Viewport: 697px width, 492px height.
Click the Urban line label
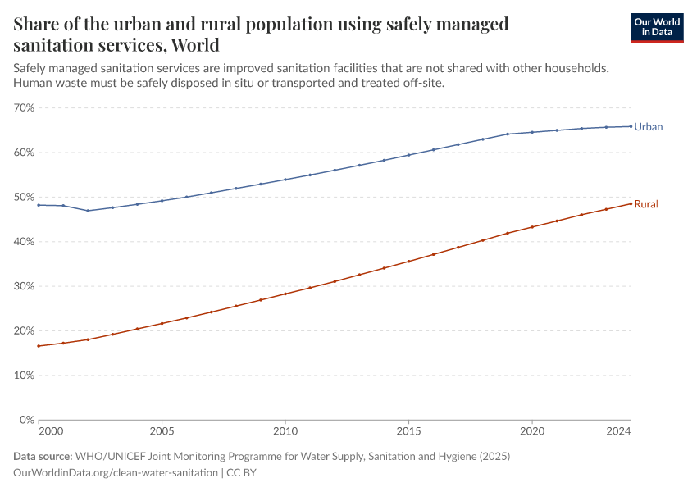[x=648, y=127]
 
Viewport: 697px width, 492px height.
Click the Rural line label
[x=646, y=204]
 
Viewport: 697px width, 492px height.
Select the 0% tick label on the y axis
[x=27, y=420]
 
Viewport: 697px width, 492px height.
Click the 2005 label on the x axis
[x=162, y=430]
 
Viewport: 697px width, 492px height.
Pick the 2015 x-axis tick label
[x=408, y=430]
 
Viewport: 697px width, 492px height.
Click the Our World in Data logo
[x=656, y=27]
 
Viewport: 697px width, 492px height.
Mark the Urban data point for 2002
[x=88, y=211]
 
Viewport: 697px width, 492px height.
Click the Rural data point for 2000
[x=39, y=346]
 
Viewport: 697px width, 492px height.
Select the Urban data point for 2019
[x=508, y=134]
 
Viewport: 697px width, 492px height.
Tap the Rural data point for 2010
[x=285, y=294]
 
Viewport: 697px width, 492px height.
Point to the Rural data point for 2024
[x=631, y=203]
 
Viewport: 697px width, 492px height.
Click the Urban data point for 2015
[x=408, y=155]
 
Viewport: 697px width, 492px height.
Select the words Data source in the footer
[x=42, y=457]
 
